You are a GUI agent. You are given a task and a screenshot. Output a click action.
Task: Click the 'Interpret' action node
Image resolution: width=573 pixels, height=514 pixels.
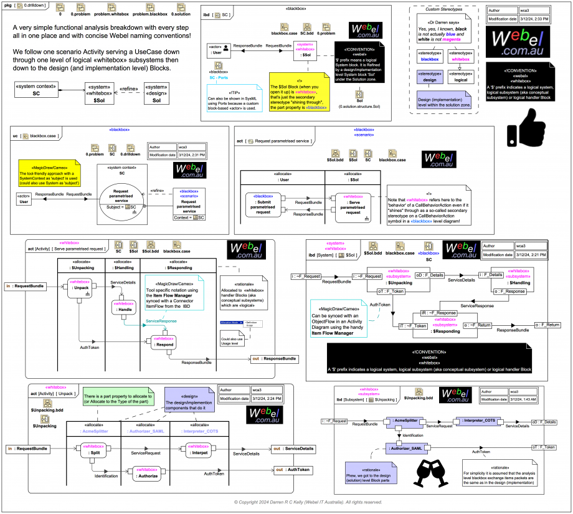[x=201, y=449]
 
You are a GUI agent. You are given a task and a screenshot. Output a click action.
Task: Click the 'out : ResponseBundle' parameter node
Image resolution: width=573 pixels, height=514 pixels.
[x=274, y=359]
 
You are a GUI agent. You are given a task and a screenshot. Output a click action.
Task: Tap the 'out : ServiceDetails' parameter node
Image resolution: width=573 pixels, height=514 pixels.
[x=293, y=449]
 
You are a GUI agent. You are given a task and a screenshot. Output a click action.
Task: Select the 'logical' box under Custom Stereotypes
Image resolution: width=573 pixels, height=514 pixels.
[x=461, y=77]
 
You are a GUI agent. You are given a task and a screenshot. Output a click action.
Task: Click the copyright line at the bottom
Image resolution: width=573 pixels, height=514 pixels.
[x=308, y=502]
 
